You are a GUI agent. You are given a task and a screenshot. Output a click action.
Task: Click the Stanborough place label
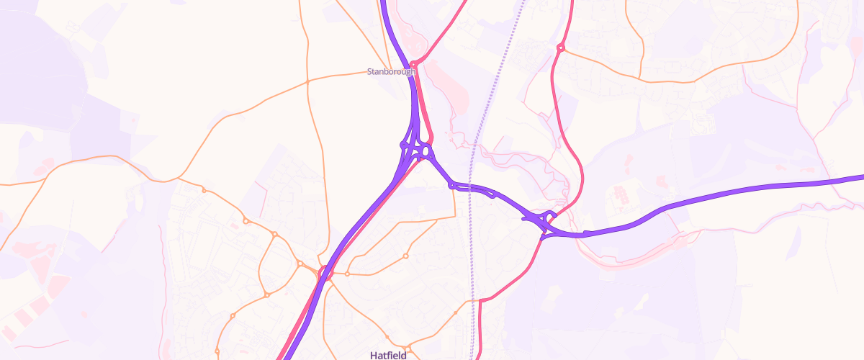point(392,72)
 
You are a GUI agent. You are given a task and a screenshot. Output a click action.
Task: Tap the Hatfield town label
point(388,355)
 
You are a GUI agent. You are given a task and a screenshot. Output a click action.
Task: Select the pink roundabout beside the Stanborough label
point(413,66)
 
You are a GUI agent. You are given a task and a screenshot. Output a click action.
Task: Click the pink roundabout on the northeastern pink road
point(560,48)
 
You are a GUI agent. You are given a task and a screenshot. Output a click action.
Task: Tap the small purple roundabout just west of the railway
point(452,186)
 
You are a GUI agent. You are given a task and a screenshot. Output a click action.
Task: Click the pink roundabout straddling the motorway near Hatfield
point(323,272)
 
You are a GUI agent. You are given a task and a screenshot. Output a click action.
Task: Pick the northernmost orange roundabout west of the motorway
point(204,190)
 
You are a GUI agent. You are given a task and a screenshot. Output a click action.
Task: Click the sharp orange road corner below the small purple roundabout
point(455,215)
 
